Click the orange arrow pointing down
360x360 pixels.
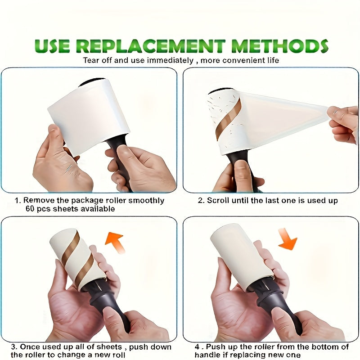(x=288, y=238)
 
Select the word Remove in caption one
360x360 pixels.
(x=36, y=200)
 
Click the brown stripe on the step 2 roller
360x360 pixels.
(x=229, y=119)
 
